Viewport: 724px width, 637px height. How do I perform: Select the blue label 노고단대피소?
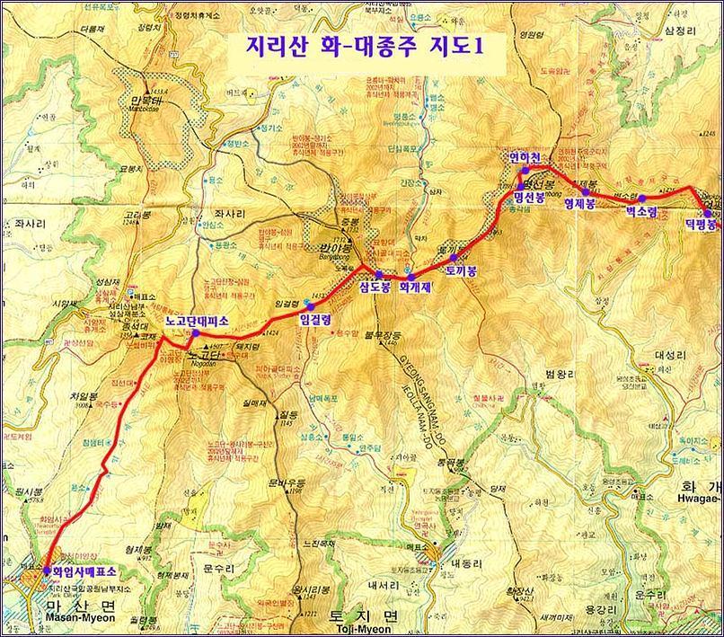pyautogui.click(x=198, y=320)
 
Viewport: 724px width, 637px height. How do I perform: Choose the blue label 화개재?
pyautogui.click(x=414, y=288)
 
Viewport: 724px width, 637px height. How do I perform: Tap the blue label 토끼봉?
pyautogui.click(x=460, y=268)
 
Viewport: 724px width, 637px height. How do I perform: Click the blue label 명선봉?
pyautogui.click(x=530, y=198)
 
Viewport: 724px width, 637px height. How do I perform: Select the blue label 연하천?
pyautogui.click(x=525, y=157)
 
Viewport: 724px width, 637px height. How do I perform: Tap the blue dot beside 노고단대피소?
pyautogui.click(x=195, y=334)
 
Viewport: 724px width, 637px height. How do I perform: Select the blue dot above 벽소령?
pyautogui.click(x=641, y=199)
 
